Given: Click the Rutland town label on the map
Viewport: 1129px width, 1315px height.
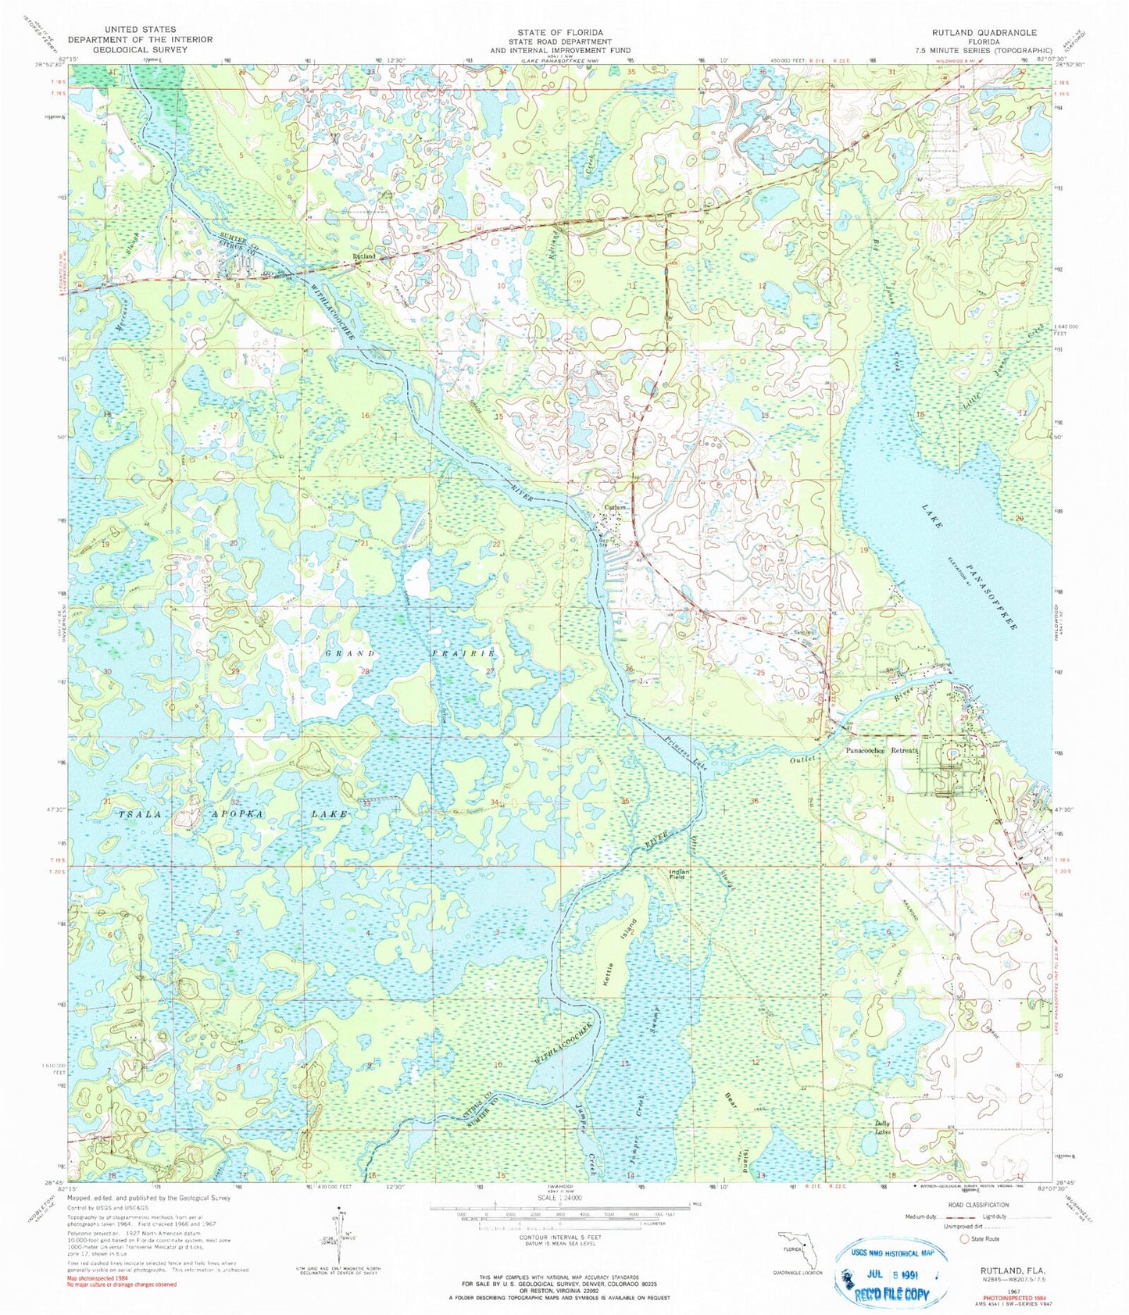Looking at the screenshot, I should pos(363,255).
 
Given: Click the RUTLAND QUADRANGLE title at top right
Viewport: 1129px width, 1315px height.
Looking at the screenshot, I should pos(983,33).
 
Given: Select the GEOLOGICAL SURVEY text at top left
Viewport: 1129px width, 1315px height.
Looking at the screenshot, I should pos(121,49).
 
